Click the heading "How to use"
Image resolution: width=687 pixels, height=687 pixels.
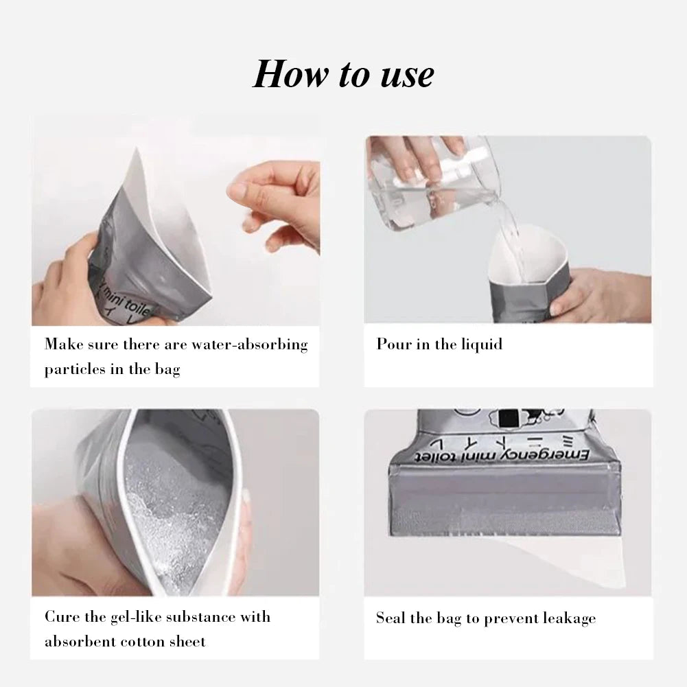(343, 74)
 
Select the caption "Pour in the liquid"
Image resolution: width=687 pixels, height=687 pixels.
(439, 345)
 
